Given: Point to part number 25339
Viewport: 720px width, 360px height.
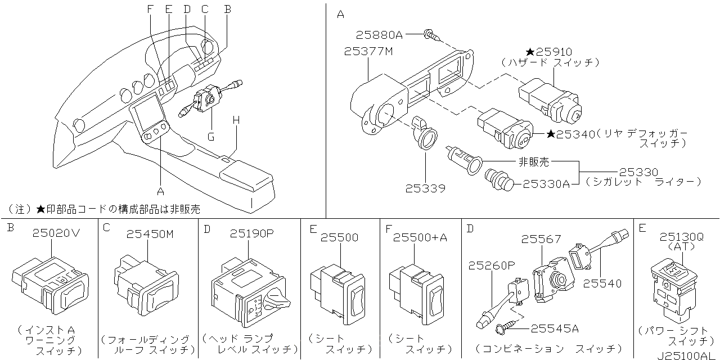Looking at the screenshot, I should click(425, 188).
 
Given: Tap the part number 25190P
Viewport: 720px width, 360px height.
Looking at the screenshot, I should click(251, 233).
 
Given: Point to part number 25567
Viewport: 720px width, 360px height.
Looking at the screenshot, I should click(541, 240).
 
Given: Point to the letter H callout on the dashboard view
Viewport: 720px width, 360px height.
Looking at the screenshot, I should click(236, 120).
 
